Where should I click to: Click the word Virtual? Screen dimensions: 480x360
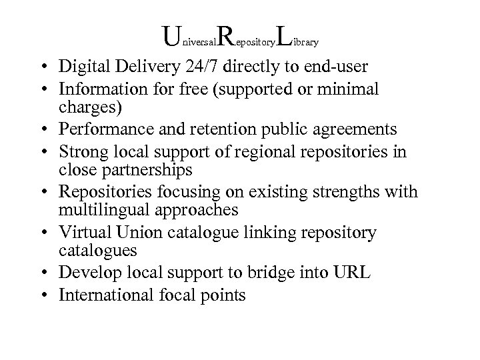[81, 233]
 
